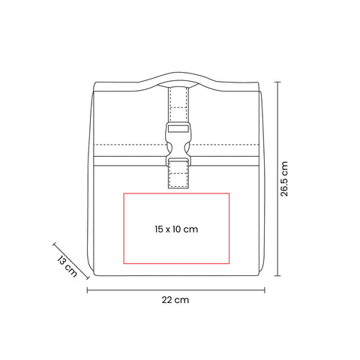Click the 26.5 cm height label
284,178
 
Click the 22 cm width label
175,300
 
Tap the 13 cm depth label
67,265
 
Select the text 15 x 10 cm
176,229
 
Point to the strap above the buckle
178,104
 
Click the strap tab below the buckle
178,174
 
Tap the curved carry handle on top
176,79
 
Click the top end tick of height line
277,82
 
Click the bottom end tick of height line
277,276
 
